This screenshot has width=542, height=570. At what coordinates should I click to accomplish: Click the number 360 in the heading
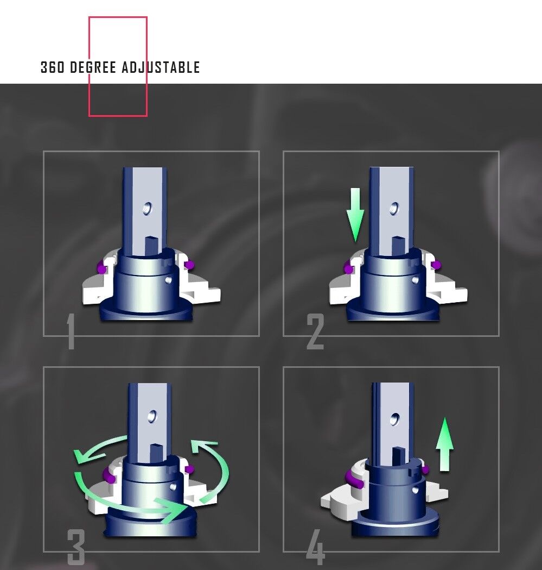(x=52, y=67)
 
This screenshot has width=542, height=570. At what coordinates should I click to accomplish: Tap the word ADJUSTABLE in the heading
(x=161, y=67)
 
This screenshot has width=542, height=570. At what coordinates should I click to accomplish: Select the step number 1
(x=71, y=331)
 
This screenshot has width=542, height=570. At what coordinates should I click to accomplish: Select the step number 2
(x=315, y=331)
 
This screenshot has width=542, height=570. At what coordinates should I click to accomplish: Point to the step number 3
(x=76, y=547)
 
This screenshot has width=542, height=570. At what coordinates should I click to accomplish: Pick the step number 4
(x=315, y=547)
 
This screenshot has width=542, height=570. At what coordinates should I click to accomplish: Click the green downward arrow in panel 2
(x=355, y=215)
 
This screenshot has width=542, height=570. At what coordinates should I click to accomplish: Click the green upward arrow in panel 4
(x=444, y=444)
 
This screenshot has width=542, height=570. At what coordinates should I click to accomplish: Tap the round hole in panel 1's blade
(x=147, y=209)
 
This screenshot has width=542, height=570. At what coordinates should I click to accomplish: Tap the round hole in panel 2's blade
(x=394, y=209)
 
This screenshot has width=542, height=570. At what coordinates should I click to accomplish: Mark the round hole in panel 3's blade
(x=152, y=417)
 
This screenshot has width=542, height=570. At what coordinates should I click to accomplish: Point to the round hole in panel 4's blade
(x=395, y=419)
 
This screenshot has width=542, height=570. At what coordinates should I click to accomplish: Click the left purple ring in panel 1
(x=101, y=267)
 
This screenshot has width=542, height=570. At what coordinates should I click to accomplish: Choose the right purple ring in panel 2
(x=436, y=265)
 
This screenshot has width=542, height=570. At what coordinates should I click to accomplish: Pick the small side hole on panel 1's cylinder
(x=168, y=280)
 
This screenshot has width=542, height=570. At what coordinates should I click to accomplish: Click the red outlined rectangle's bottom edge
(x=118, y=116)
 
